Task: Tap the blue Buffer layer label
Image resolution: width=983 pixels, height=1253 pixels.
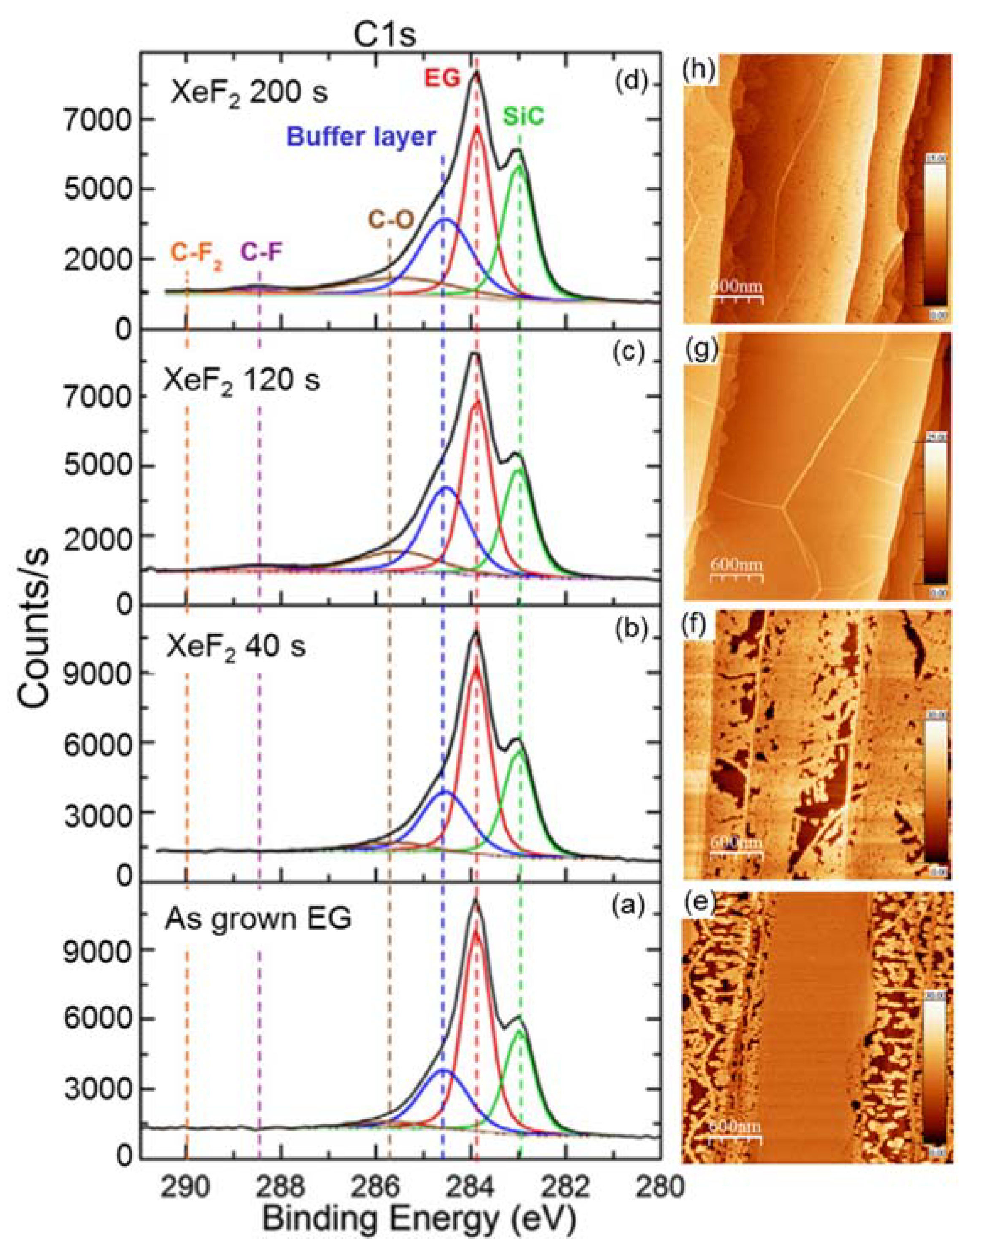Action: click(360, 137)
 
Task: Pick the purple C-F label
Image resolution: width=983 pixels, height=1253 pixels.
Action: click(262, 251)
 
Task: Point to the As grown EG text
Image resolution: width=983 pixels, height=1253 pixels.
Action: click(258, 919)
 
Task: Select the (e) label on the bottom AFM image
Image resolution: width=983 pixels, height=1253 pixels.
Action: click(697, 905)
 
